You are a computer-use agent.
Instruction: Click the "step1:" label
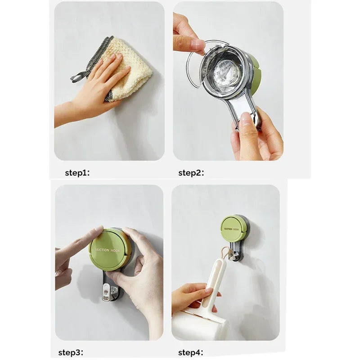click(x=77, y=173)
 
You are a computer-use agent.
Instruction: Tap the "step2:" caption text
click(x=192, y=173)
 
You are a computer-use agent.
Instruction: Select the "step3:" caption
click(x=71, y=352)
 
